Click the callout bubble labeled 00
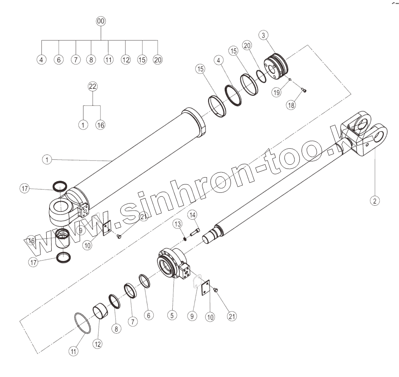(x=101, y=21)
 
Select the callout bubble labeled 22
(x=93, y=86)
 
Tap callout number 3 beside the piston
(x=263, y=35)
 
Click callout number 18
(x=292, y=105)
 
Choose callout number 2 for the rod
(x=375, y=201)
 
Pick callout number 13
(x=177, y=224)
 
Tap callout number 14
(x=193, y=215)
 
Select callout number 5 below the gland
(x=172, y=315)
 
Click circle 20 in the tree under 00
(x=158, y=59)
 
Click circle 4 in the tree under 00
(x=41, y=59)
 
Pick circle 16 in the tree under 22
(x=100, y=125)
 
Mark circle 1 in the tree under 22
(x=83, y=125)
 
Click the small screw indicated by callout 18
(x=304, y=91)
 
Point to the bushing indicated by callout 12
(x=101, y=311)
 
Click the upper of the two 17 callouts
(x=25, y=189)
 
